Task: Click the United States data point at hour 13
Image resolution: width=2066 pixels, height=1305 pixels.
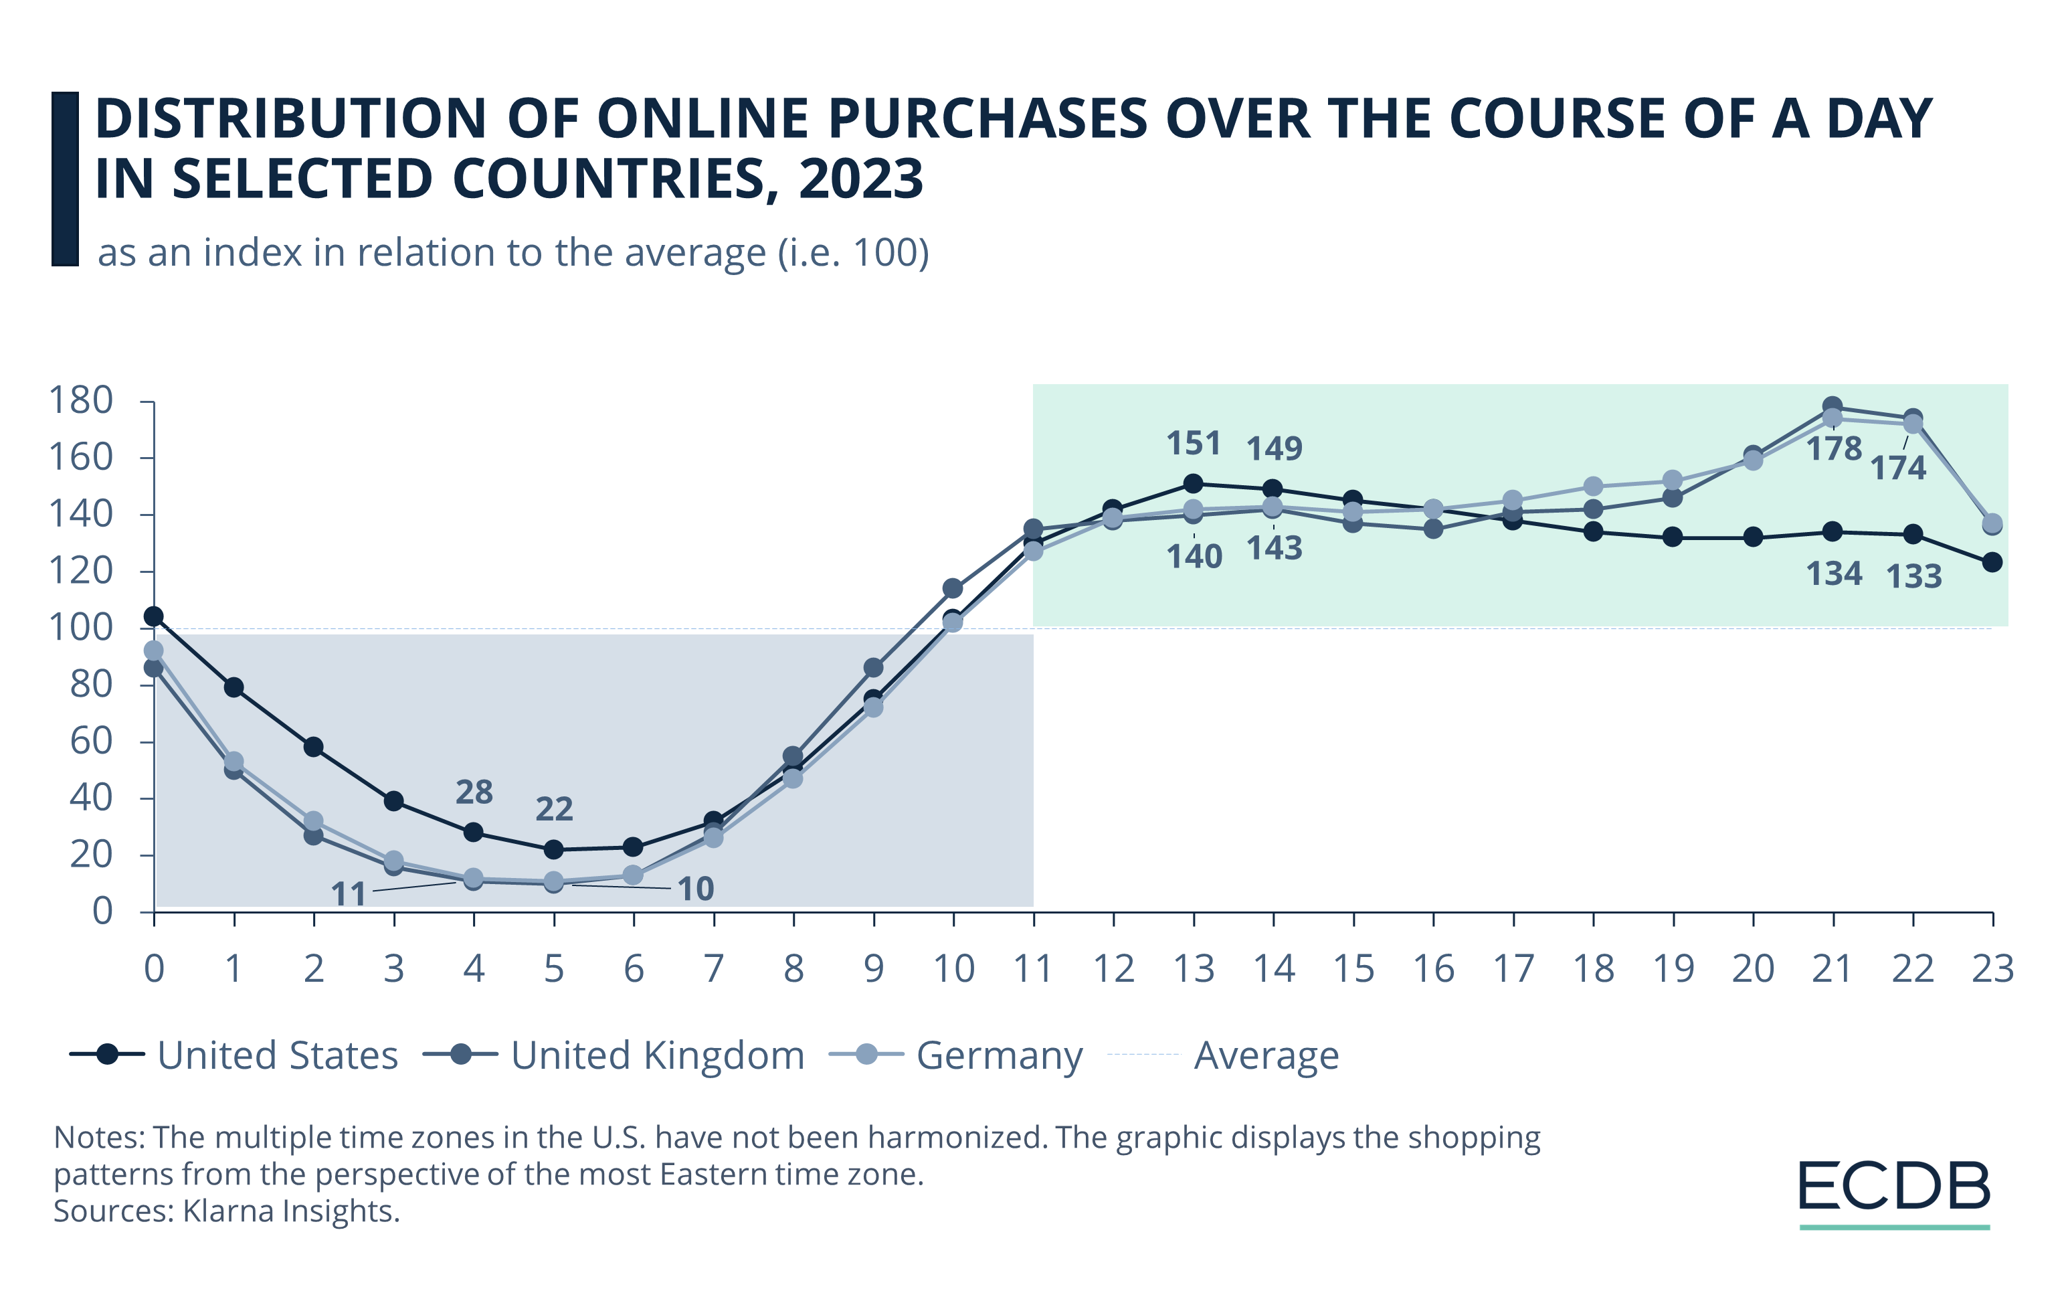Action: [1194, 484]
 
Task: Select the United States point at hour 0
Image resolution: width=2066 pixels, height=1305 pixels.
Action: [154, 616]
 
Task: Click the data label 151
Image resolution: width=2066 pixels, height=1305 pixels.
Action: [1193, 444]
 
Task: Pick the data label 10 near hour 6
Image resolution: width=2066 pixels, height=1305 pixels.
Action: [696, 889]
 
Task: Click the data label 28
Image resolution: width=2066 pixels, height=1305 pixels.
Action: [474, 792]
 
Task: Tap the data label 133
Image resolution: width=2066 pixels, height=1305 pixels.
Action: [1913, 577]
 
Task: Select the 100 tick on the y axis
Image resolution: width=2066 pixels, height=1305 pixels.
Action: [81, 627]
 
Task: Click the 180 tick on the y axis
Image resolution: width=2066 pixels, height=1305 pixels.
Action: [81, 400]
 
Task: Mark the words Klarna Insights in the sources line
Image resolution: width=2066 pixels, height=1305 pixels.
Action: [291, 1211]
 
